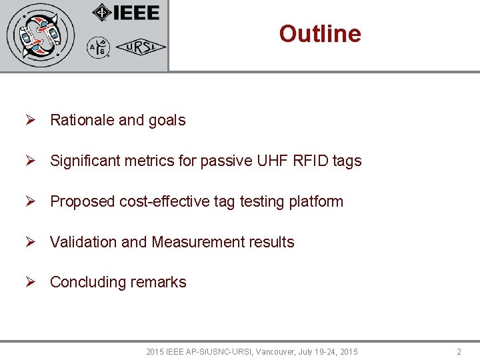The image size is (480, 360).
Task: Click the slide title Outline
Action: click(320, 33)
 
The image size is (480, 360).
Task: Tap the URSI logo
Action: click(141, 47)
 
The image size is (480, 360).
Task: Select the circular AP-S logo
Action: click(98, 47)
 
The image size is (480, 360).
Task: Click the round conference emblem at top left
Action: click(41, 35)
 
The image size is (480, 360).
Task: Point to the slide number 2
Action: click(459, 351)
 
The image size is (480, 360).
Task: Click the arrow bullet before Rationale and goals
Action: click(30, 121)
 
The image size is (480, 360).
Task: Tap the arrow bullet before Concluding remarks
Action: click(30, 283)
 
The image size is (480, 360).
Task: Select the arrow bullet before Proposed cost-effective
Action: click(30, 201)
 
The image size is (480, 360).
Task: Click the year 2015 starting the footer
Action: click(155, 351)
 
